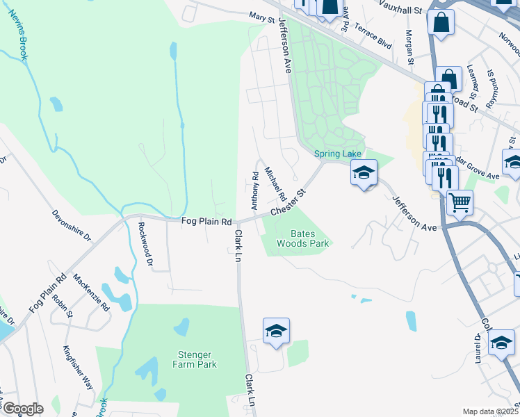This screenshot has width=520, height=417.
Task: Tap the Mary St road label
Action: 262,17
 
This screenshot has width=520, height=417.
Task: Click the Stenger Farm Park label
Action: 194,359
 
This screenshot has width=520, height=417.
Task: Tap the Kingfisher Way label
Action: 77,368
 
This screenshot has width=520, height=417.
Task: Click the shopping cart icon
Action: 459,203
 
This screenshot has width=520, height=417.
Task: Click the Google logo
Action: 22,408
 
